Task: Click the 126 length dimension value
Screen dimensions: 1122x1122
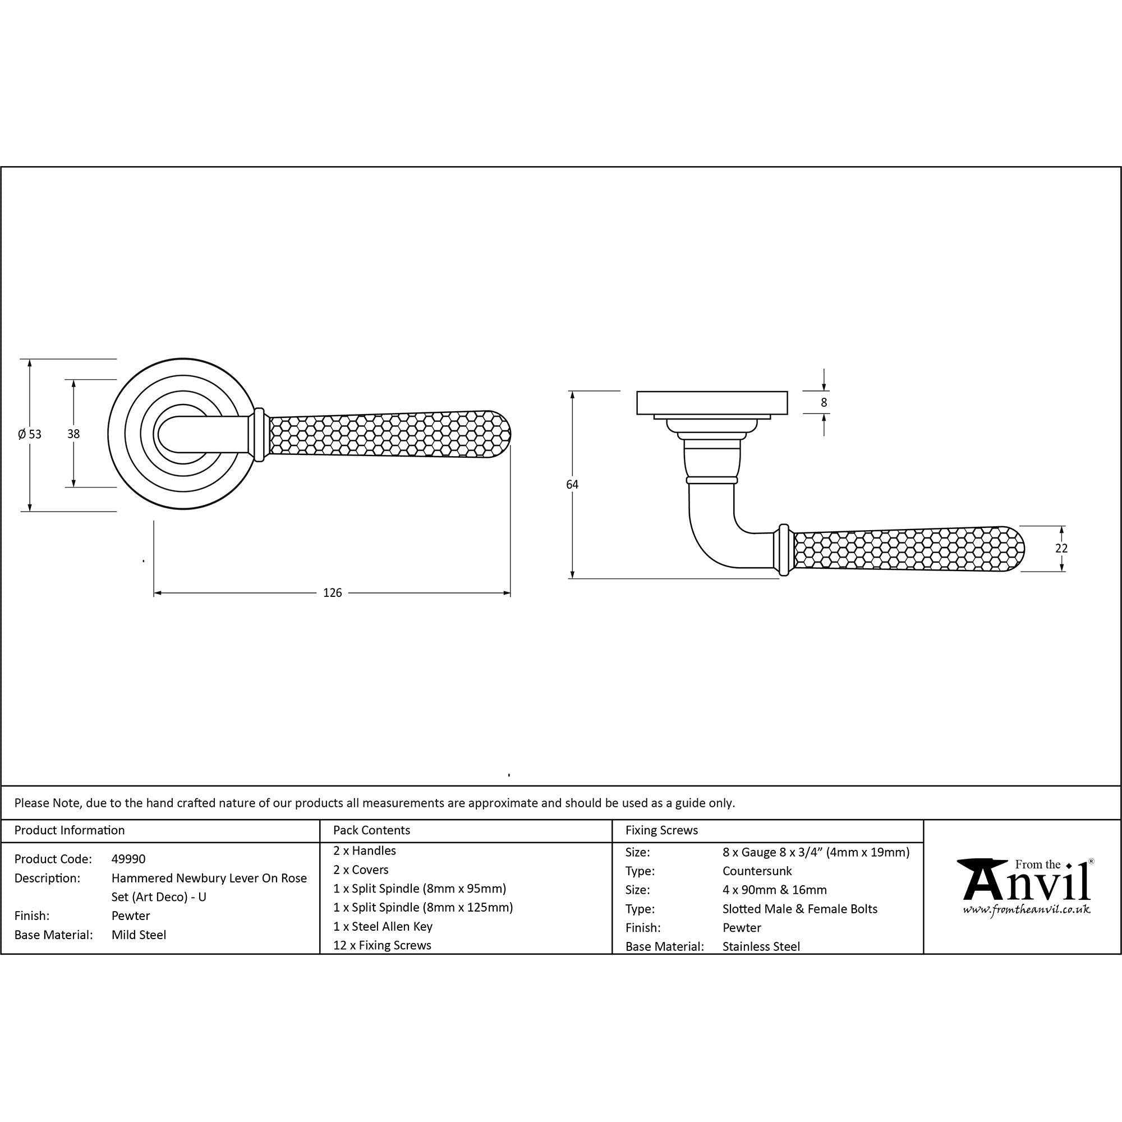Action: pos(332,593)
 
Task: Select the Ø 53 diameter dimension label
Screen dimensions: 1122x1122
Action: pos(30,434)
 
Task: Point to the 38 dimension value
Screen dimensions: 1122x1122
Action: pos(73,434)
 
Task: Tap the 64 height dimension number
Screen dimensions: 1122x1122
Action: pos(572,484)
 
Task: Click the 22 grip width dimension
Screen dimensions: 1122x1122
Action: pos(1061,548)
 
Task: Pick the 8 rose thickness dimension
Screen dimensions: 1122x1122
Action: pos(824,402)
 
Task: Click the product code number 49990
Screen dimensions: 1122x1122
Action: pos(128,859)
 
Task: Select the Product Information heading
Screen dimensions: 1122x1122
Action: pos(70,830)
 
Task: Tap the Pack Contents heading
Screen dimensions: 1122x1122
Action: pos(372,830)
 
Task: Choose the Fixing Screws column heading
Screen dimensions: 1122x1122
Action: pos(661,830)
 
